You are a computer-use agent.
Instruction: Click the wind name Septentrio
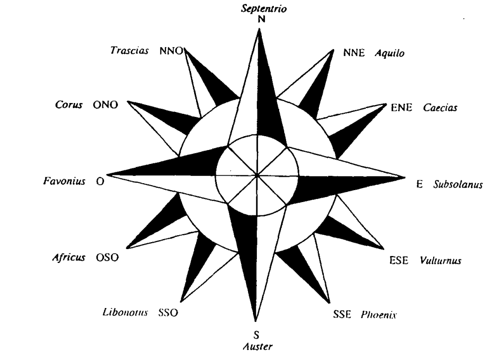264,8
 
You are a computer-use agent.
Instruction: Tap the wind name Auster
258,346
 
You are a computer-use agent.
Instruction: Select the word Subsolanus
458,184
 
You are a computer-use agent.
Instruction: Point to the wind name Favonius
64,181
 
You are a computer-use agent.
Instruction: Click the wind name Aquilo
390,53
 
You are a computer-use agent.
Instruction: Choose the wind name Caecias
440,107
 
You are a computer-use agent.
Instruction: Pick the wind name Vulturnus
441,260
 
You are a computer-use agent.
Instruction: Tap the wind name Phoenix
379,315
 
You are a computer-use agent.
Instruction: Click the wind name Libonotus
125,312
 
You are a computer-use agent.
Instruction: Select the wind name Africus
69,257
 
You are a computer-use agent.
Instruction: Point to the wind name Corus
69,104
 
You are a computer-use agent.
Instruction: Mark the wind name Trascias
130,51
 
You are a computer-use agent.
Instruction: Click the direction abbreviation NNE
354,53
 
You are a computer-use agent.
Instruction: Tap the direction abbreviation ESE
399,260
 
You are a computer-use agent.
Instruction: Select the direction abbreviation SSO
168,312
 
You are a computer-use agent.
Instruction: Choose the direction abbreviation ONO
105,104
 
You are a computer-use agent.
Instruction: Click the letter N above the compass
261,19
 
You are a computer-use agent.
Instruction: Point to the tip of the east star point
405,178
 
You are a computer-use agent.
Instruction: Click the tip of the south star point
255,321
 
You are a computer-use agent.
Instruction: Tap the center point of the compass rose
257,175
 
